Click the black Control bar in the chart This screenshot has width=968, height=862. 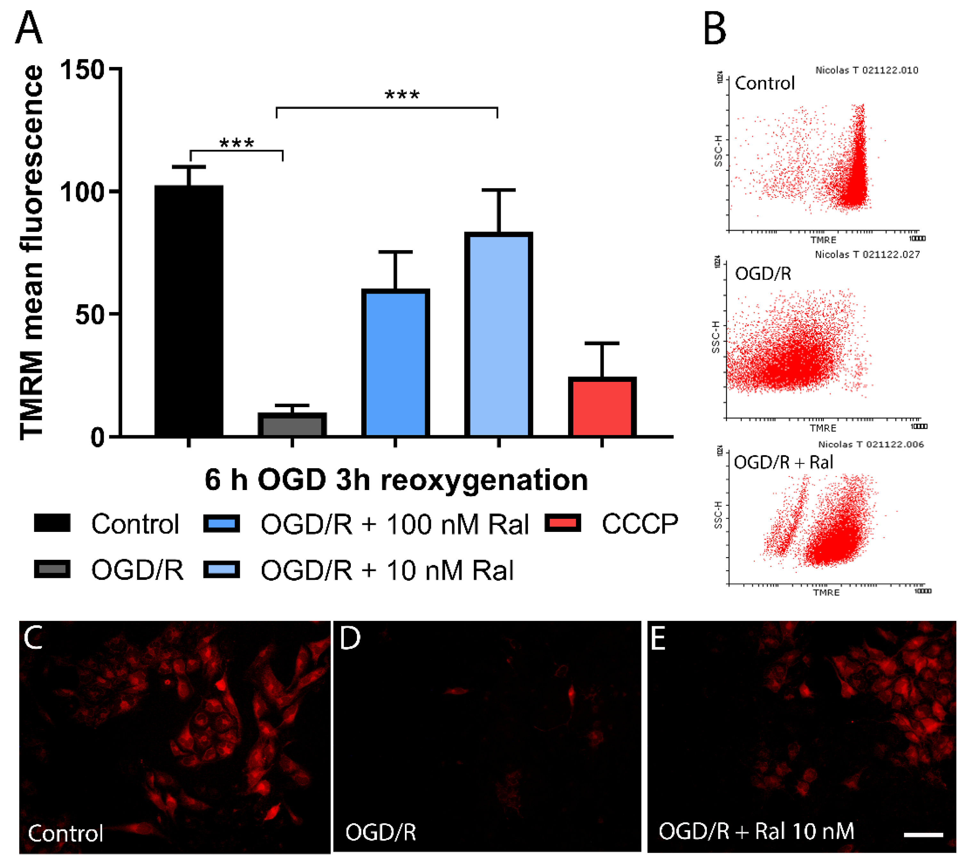click(x=189, y=310)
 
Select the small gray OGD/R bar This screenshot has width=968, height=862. click(x=292, y=424)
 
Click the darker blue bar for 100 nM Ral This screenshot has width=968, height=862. click(x=395, y=362)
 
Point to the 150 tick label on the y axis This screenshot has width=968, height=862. click(x=82, y=70)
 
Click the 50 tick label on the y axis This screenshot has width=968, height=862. click(x=90, y=314)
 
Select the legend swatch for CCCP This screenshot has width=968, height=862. click(x=563, y=523)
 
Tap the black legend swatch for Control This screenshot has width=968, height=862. click(x=52, y=523)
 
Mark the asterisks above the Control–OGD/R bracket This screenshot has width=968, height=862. click(x=237, y=143)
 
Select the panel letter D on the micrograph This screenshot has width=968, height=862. click(x=350, y=638)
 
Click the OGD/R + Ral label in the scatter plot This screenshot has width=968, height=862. click(x=783, y=462)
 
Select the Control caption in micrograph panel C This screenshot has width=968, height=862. click(x=65, y=833)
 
